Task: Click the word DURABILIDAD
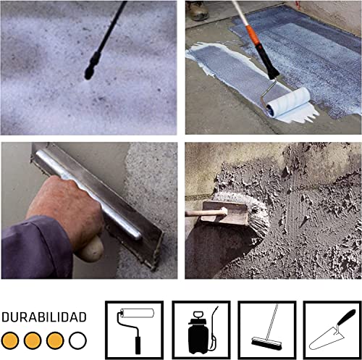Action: [44, 317]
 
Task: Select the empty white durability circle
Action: [77, 340]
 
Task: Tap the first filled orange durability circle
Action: [10, 340]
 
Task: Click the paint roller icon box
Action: [135, 330]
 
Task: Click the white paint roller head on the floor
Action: [288, 101]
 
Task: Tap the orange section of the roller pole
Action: [253, 35]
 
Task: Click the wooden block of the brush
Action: [225, 212]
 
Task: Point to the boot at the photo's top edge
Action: [198, 10]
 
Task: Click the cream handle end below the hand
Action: [91, 248]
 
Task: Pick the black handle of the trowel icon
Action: [347, 317]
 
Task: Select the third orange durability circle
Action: [55, 340]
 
